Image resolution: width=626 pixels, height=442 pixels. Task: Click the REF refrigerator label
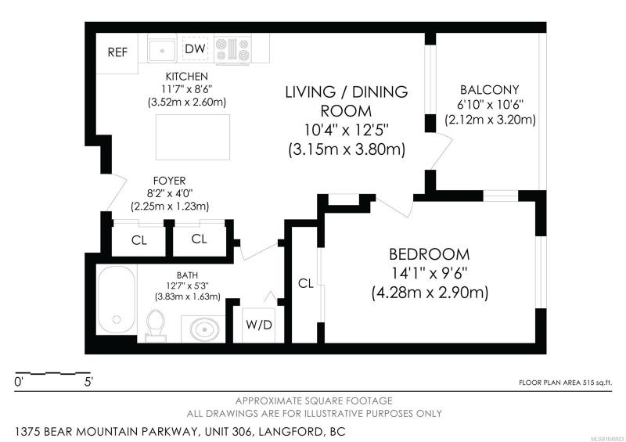tap(118, 52)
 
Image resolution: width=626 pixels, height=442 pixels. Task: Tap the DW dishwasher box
tap(195, 49)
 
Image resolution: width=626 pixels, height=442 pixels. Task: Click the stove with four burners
tap(232, 49)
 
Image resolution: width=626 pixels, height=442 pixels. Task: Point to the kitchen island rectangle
tap(192, 137)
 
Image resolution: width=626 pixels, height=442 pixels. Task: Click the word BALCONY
tap(490, 89)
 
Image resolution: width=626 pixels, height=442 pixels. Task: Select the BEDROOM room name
tap(429, 254)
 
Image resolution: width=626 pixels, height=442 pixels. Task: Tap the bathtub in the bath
tap(117, 299)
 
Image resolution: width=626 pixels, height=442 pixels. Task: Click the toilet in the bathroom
tap(156, 325)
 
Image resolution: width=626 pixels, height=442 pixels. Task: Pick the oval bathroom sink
tap(204, 330)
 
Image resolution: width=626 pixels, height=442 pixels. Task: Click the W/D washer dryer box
tap(259, 325)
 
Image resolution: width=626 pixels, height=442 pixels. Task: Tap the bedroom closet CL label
tap(306, 283)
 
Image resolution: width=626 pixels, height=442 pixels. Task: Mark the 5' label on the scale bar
tap(88, 382)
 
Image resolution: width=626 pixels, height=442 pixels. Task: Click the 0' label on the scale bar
tap(19, 382)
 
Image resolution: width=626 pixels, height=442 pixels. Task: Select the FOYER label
tap(169, 181)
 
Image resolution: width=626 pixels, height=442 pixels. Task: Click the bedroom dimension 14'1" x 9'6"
tap(429, 274)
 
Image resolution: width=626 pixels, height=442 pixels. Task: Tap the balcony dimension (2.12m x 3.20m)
tap(490, 120)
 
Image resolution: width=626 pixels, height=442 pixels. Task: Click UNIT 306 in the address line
tap(227, 432)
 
